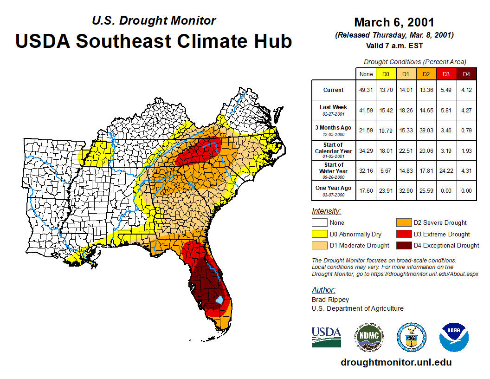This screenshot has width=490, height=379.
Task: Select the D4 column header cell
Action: (x=466, y=74)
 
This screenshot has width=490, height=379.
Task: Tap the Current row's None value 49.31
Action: (x=366, y=90)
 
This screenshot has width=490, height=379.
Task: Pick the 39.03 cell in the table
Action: (x=426, y=130)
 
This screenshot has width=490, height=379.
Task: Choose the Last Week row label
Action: (x=334, y=110)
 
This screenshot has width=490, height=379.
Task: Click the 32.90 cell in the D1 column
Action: (x=406, y=190)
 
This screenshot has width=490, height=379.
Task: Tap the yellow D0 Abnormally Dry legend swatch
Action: (x=319, y=234)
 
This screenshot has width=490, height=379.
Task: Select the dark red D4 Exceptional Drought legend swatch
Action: (x=403, y=245)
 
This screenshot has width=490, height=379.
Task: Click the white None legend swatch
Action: (x=319, y=222)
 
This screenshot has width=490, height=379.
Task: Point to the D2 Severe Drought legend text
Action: (x=440, y=222)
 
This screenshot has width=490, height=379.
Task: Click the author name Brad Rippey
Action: (x=330, y=300)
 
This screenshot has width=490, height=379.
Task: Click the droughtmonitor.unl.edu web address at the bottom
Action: (x=396, y=362)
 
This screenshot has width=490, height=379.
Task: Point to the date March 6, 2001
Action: (x=394, y=22)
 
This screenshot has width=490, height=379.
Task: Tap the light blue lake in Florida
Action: (x=220, y=301)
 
